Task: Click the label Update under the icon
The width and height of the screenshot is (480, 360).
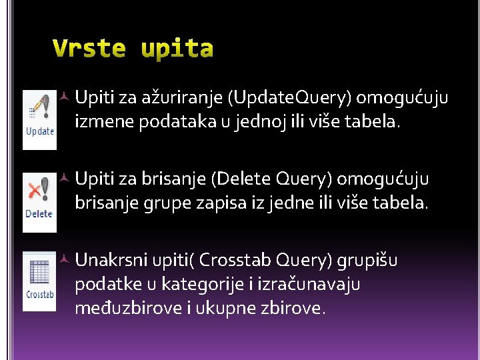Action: tap(39, 131)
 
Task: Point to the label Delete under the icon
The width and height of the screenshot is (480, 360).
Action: tap(39, 213)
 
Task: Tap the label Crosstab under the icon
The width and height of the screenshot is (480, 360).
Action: tap(40, 294)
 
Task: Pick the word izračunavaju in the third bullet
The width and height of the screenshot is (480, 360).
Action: tap(316, 285)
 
